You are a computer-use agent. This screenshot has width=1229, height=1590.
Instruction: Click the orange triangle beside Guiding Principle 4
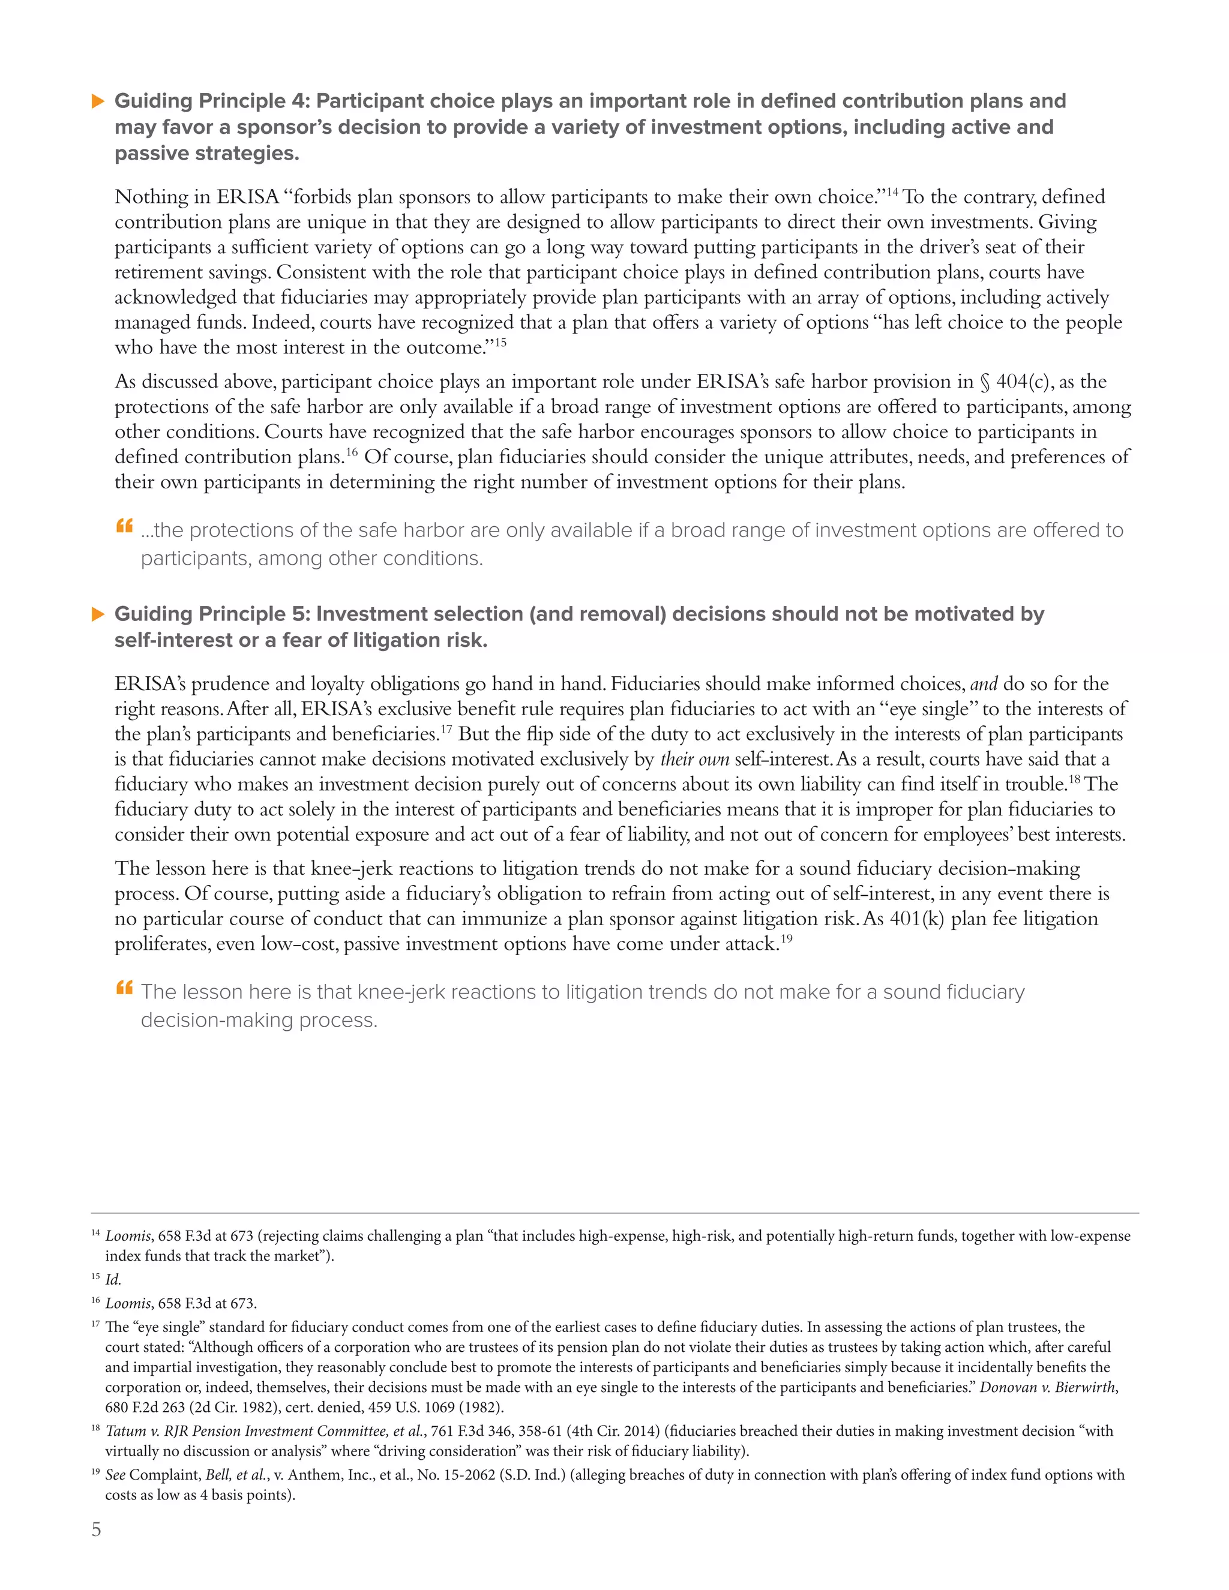click(98, 101)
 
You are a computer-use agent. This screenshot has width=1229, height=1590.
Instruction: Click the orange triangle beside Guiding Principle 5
click(98, 614)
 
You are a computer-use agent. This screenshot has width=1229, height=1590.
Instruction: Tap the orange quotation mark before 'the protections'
click(124, 526)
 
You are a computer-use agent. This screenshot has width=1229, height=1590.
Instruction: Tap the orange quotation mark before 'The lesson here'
click(124, 988)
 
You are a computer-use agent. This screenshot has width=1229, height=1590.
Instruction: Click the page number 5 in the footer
click(96, 1529)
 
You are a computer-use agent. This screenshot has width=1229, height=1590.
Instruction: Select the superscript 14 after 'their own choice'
click(892, 191)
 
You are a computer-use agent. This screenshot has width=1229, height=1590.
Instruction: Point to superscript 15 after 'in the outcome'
click(500, 342)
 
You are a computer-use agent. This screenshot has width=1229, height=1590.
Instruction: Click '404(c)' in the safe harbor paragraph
click(1025, 382)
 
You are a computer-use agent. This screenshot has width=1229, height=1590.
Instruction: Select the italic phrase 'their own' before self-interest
click(694, 760)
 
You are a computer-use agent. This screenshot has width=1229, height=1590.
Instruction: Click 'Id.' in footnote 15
click(113, 1280)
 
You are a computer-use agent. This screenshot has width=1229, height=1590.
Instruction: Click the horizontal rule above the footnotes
click(614, 1213)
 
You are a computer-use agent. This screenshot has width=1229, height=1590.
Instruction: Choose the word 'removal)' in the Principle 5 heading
click(625, 614)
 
